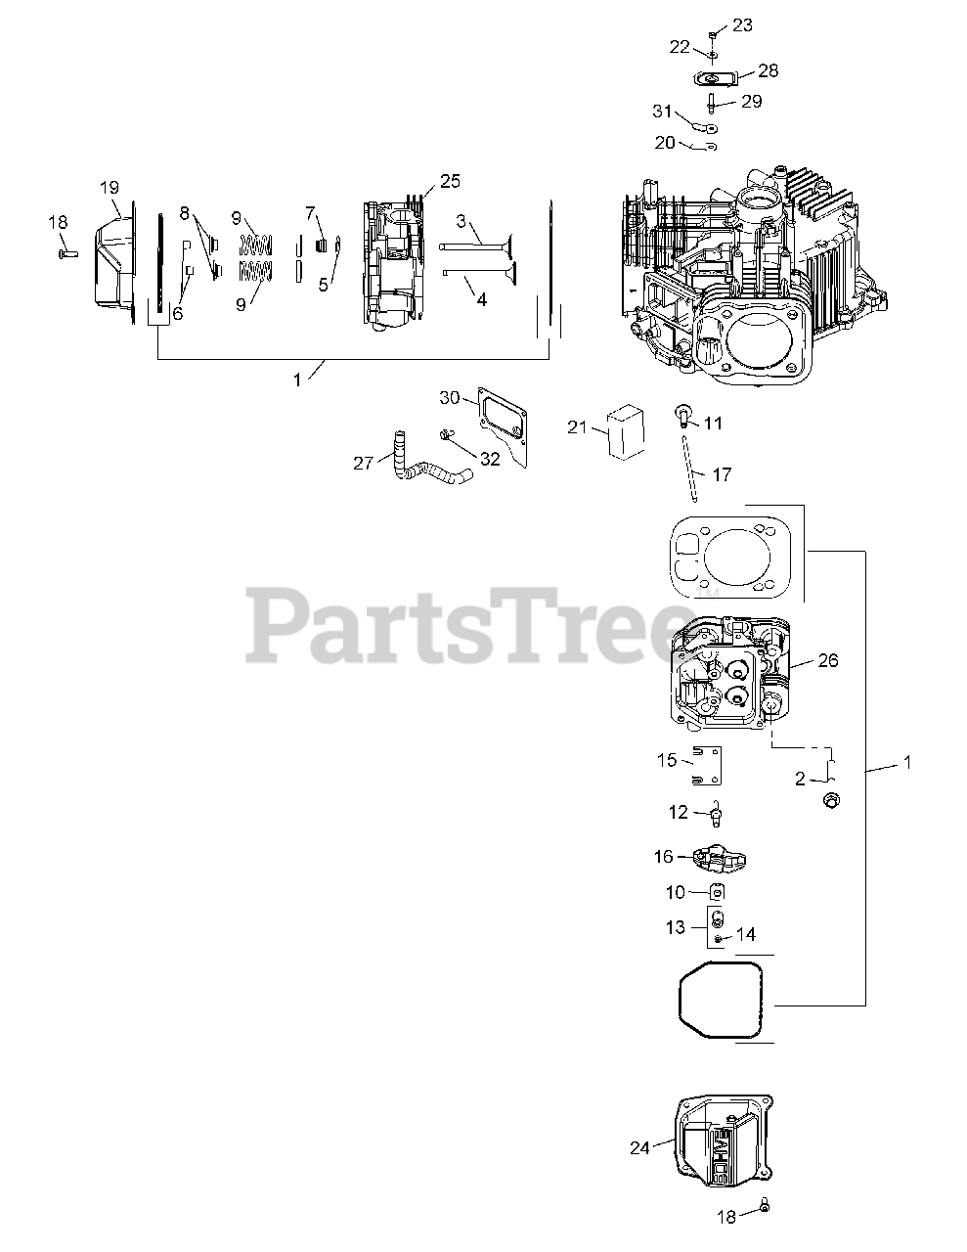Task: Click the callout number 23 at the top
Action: pos(742,25)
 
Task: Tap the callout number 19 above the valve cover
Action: pos(109,187)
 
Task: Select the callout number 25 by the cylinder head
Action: pos(450,181)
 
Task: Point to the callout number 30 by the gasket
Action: pos(449,397)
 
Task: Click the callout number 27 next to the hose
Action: pos(364,464)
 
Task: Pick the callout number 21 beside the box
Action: pos(577,426)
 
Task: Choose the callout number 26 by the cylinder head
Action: pos(827,660)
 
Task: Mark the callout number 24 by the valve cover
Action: pos(639,1148)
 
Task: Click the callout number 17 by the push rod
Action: pos(722,474)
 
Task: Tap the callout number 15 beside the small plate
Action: pos(667,761)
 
